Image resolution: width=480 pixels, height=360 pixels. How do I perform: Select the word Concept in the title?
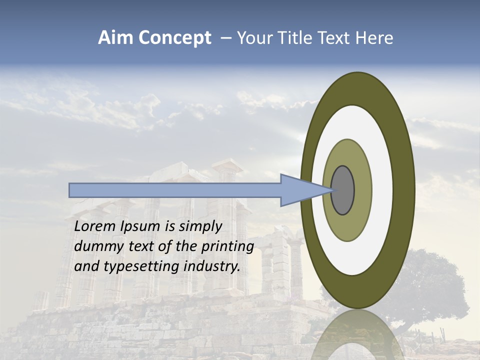(174, 38)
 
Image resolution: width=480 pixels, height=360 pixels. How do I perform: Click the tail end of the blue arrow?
(71, 190)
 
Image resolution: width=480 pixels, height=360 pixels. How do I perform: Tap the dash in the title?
(225, 38)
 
